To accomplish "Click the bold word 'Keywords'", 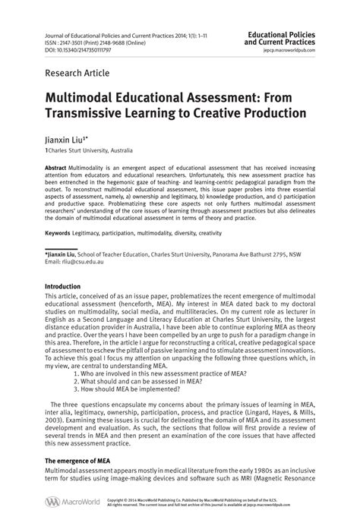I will [59, 232].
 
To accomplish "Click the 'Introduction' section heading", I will [68, 286].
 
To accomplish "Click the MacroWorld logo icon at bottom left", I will [52, 502].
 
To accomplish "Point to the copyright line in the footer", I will [220, 500].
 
